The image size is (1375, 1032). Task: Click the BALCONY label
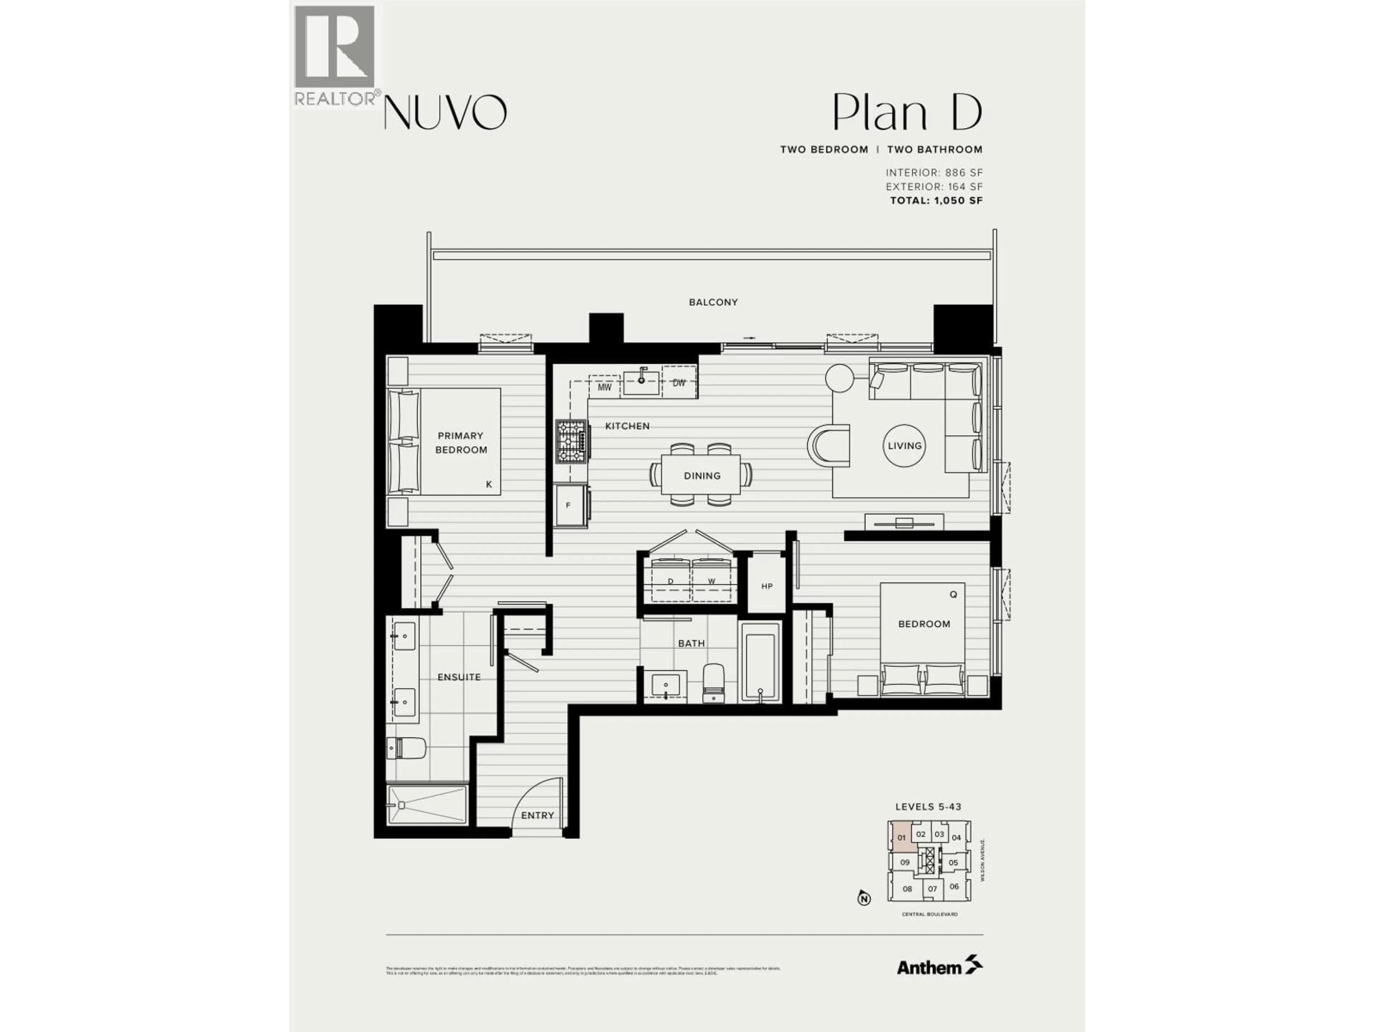pyautogui.click(x=713, y=302)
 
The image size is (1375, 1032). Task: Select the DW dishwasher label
pyautogui.click(x=679, y=383)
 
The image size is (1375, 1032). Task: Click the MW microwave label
pyautogui.click(x=604, y=387)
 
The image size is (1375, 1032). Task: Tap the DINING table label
pyautogui.click(x=702, y=476)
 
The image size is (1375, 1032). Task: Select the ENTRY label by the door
pyautogui.click(x=537, y=816)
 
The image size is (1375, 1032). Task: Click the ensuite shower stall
pyautogui.click(x=426, y=804)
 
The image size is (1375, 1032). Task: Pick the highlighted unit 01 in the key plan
pyautogui.click(x=901, y=837)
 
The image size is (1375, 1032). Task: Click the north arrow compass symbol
pyautogui.click(x=863, y=899)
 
